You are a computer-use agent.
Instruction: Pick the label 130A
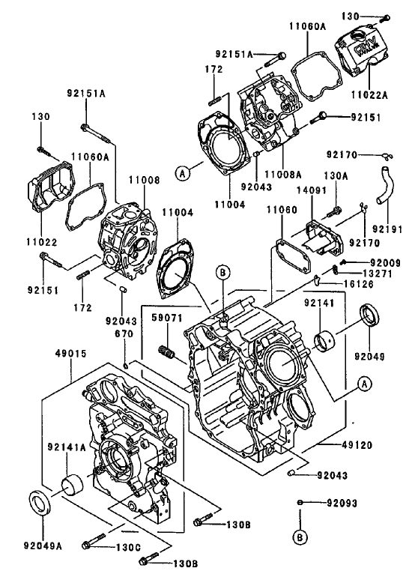335,175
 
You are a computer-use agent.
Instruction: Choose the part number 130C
127,547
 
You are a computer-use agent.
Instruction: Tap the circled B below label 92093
300,537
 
